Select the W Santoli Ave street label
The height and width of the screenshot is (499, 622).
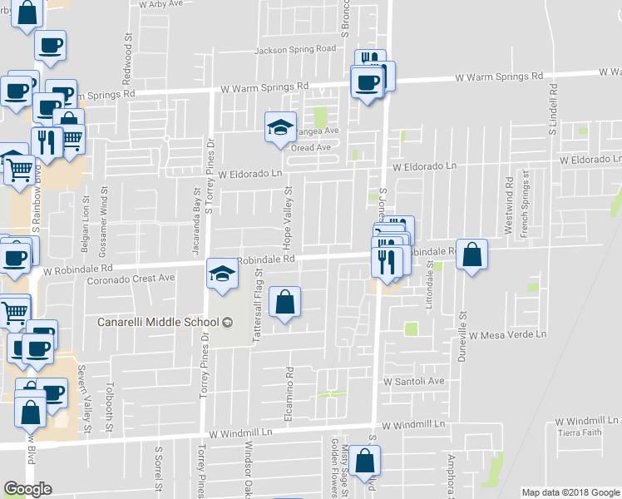coord(413,381)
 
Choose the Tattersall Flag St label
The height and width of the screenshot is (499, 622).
coord(259,295)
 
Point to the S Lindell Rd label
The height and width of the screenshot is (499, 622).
coord(551,110)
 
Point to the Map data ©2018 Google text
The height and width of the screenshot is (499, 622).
coord(571,492)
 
